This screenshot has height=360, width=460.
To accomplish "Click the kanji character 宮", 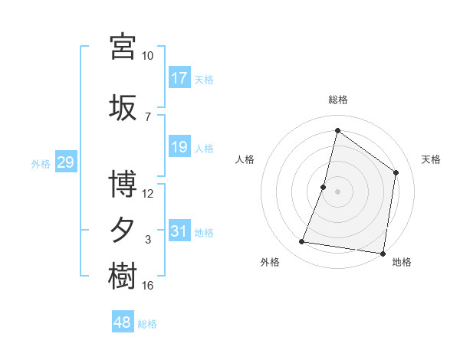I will tap(123, 45).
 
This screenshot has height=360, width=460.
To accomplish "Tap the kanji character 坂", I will tap(123, 107).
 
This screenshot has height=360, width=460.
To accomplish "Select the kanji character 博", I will tap(123, 184).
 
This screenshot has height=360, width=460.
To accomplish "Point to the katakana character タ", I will tap(123, 230).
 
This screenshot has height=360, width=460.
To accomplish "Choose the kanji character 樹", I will tap(123, 276).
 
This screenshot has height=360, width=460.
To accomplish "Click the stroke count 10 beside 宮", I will tap(147, 56).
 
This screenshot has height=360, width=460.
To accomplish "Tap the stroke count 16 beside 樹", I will tap(147, 286).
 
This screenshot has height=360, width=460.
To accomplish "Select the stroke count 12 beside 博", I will tap(147, 193).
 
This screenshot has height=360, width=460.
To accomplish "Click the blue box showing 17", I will tap(179, 78).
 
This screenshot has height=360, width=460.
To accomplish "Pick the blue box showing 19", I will tap(179, 147).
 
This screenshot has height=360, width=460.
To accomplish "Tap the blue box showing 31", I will tap(179, 231).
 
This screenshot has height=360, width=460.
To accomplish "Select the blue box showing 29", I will tap(65, 162).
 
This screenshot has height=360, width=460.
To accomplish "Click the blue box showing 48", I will tap(123, 323).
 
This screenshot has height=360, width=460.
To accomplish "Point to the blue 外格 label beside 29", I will tap(41, 163).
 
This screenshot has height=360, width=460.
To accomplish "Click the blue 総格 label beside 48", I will tap(147, 324).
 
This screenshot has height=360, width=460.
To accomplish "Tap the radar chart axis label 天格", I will tap(431, 159).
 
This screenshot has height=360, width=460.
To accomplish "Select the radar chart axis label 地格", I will tap(402, 263).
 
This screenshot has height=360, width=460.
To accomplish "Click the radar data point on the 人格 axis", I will tap(324, 187).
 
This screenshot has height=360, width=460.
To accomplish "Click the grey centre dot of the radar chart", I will tap(337, 191).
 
